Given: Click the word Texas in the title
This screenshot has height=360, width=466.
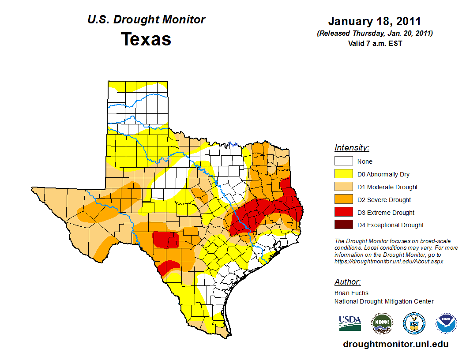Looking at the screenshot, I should click(146, 39).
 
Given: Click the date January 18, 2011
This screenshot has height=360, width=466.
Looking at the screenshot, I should click(374, 22).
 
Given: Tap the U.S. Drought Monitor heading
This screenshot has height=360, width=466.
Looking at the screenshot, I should click(146, 20).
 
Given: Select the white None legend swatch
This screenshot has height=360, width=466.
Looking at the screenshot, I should click(343, 161).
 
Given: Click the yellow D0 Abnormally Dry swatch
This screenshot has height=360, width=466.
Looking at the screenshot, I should click(343, 174).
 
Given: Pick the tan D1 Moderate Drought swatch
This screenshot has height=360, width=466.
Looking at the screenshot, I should click(343, 187).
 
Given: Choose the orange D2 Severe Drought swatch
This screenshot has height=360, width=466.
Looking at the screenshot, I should click(343, 200).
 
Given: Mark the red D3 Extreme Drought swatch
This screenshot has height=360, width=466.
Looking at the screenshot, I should click(343, 212).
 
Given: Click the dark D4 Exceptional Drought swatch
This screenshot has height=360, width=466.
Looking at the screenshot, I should click(343, 225).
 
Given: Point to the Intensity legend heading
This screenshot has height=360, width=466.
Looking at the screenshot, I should click(352, 148).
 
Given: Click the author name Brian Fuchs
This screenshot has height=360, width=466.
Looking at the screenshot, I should click(351, 293).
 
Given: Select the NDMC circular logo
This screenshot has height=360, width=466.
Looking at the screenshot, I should click(381, 324).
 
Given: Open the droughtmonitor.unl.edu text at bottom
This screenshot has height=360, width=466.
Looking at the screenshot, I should click(395, 344).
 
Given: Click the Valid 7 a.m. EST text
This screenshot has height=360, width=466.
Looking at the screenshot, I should click(375, 43).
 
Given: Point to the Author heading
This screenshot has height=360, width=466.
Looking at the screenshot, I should click(347, 282).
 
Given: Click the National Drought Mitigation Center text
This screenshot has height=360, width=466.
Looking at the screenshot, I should click(384, 301).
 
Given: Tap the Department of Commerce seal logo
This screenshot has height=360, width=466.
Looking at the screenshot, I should click(414, 324).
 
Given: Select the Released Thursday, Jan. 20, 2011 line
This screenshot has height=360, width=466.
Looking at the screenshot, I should click(375, 34).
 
